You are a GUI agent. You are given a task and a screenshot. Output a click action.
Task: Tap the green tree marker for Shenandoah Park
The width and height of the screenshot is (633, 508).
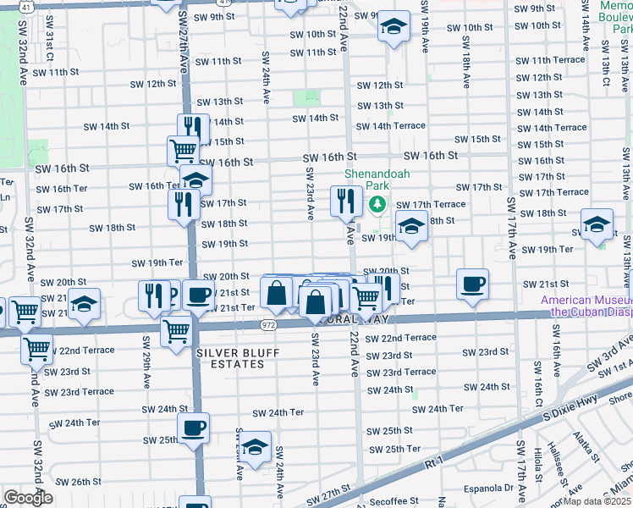(377, 204)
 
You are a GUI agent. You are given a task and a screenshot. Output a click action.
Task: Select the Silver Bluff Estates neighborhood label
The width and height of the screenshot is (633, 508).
(230, 358)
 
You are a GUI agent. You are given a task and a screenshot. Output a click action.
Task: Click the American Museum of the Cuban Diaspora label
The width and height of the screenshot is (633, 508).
(586, 306)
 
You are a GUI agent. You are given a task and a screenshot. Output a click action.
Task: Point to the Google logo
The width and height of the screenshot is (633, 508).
(27, 498)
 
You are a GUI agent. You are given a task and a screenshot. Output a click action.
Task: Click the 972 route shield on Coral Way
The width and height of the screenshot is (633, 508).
(268, 324)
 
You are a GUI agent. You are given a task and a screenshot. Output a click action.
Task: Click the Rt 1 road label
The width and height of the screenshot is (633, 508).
(435, 462)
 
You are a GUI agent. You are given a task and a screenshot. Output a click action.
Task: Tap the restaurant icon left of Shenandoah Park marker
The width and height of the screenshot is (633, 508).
(345, 201)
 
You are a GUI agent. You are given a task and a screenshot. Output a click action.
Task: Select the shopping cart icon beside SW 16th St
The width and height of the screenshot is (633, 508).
(183, 151)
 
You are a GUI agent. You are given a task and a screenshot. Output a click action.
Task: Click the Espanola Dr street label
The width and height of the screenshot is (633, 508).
(485, 488)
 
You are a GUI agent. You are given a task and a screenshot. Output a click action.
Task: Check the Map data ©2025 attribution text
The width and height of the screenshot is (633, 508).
(597, 501)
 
